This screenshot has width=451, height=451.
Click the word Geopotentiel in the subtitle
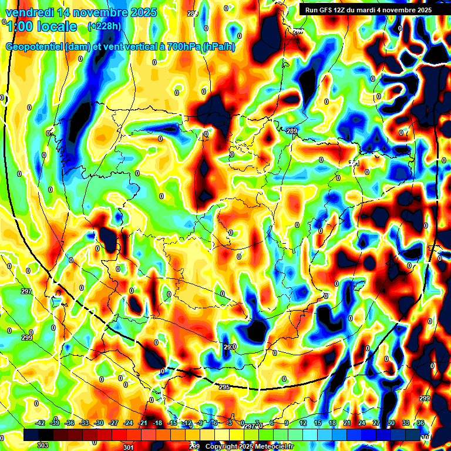click(x=34, y=47)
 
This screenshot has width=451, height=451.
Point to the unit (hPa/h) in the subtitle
click(x=218, y=47)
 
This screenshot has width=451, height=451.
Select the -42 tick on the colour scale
click(x=41, y=423)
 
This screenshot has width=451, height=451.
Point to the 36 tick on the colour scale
click(x=420, y=423)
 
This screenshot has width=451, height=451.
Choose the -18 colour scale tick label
click(x=157, y=423)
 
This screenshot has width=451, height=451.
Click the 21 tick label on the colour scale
click(x=347, y=423)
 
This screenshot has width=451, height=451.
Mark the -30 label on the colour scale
click(x=99, y=423)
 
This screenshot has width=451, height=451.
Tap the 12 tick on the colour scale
click(x=303, y=423)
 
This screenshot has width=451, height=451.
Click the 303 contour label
click(x=42, y=445)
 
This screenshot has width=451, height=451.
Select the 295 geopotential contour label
click(x=224, y=388)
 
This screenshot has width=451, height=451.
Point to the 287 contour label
click(x=299, y=31)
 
